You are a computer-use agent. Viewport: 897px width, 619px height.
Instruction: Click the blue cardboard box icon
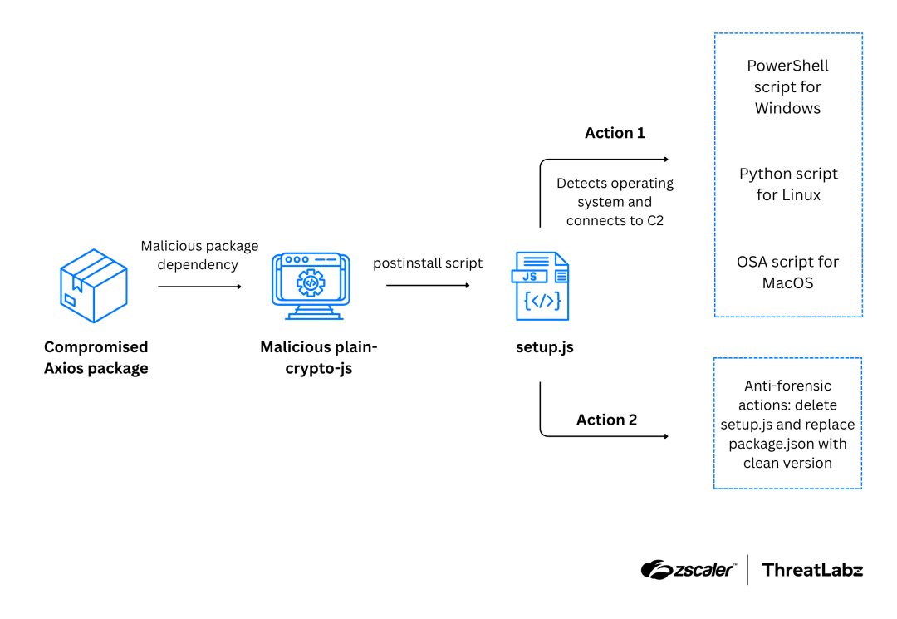[94, 285]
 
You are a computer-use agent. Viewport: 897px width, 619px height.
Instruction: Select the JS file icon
[542, 286]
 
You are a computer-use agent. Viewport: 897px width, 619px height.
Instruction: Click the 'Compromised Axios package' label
[96, 357]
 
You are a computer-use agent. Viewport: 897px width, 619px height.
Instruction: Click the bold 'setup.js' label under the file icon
[544, 347]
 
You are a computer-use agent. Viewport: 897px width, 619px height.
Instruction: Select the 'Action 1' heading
[615, 133]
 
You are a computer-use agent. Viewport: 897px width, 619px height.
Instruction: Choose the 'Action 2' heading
[606, 420]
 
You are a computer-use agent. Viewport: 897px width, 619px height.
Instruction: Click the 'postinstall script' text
[428, 263]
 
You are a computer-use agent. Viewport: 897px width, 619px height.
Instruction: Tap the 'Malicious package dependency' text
[199, 255]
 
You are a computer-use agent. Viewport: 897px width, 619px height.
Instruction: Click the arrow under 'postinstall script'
[428, 286]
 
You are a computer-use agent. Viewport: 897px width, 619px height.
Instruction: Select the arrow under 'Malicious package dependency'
[199, 287]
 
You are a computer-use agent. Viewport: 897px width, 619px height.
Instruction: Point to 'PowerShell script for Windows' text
[787, 87]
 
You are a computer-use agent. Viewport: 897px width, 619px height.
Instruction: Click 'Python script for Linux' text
[788, 184]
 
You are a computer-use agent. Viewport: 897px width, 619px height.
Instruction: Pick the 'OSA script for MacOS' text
[787, 273]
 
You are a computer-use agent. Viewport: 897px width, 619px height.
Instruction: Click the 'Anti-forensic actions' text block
[787, 424]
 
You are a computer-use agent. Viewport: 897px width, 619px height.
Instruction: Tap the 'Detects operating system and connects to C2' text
[615, 202]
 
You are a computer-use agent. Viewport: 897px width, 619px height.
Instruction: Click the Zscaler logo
[688, 570]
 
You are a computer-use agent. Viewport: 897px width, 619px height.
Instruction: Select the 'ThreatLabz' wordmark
[812, 570]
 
